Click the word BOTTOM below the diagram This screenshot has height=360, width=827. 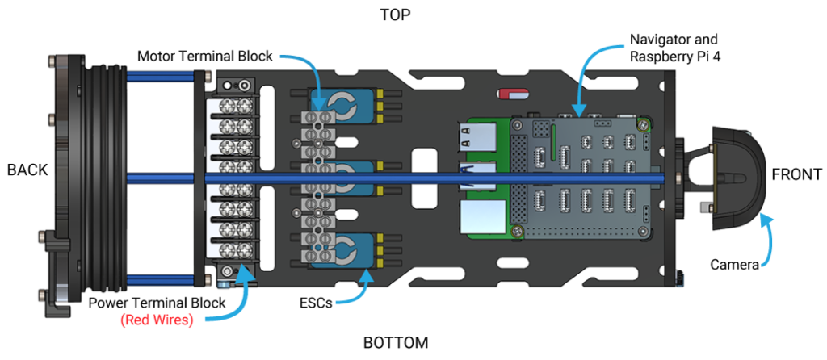[396, 342]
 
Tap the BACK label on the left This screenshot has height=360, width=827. [27, 170]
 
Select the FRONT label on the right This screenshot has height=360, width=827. [796, 174]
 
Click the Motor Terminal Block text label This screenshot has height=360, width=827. [205, 57]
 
